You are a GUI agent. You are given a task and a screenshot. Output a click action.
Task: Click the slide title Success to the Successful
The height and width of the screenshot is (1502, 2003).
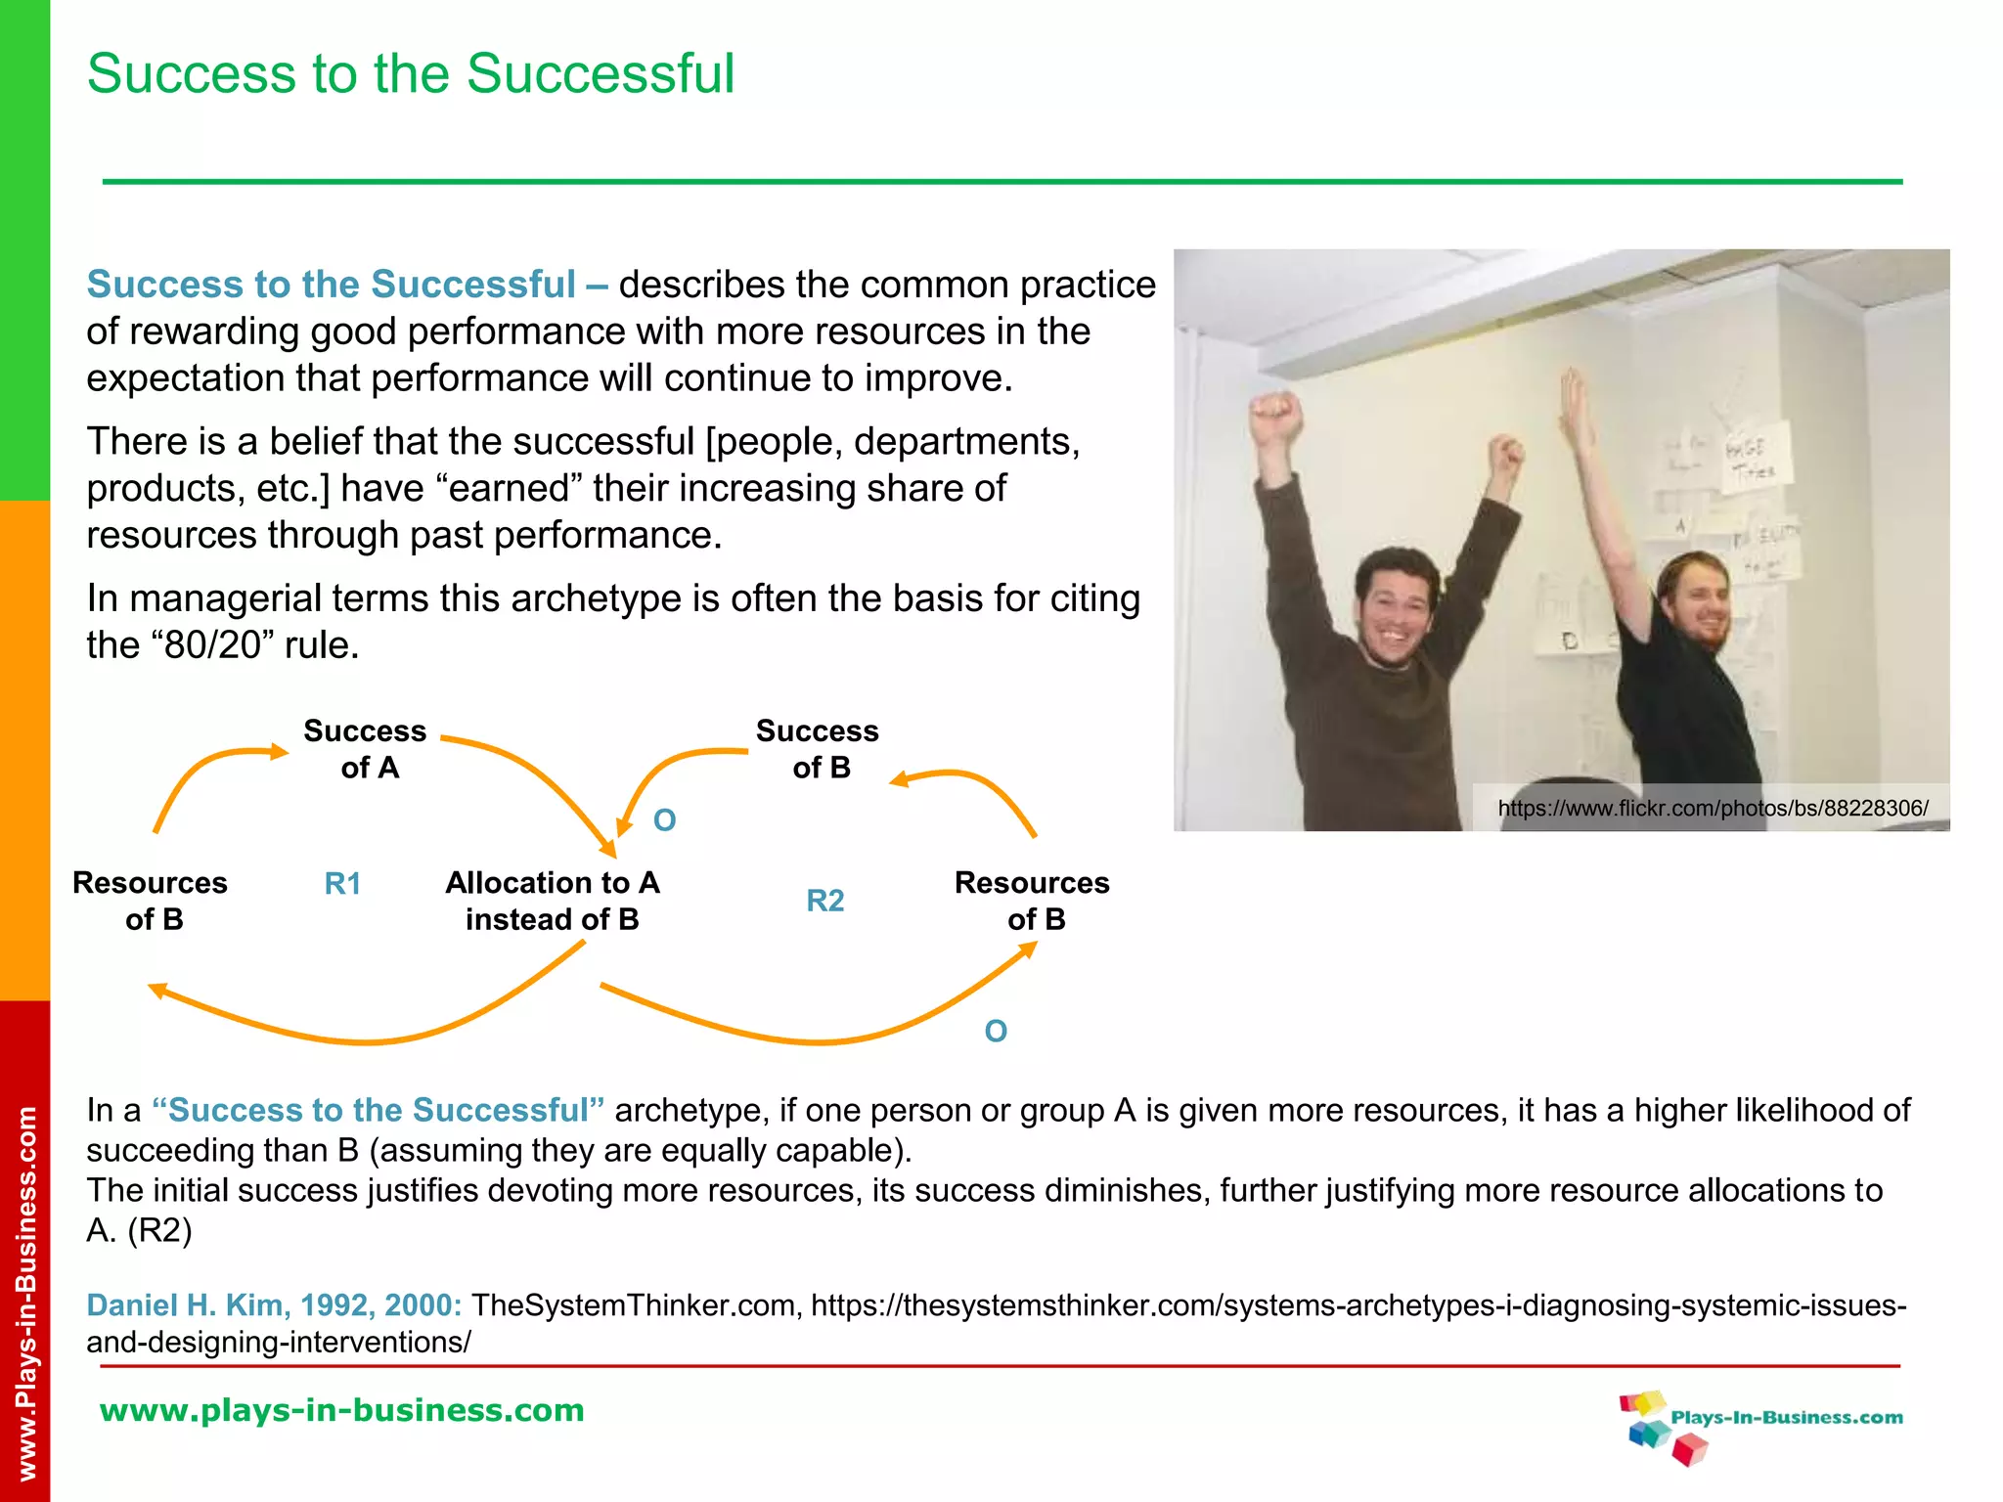coord(411,74)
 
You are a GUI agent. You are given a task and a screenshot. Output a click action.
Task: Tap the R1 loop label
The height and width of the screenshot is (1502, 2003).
coord(342,884)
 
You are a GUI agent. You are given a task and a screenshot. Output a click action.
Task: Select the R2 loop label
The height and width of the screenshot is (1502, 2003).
coord(824,901)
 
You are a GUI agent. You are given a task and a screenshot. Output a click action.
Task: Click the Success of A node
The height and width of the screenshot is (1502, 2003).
coord(366,749)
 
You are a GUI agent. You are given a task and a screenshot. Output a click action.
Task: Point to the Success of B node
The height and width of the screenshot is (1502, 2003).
coord(819,749)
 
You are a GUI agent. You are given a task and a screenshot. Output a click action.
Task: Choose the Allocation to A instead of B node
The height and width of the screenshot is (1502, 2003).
coord(553,901)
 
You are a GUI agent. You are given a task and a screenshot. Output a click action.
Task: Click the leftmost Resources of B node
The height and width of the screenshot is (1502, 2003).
coord(151,901)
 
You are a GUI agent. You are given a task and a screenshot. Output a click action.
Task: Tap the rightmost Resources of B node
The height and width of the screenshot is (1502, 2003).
coord(1033,901)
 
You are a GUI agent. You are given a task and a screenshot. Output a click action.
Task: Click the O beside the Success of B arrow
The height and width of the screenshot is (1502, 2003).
coord(665,820)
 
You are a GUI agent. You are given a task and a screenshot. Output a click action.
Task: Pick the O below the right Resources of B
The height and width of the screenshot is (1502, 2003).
coord(996,1032)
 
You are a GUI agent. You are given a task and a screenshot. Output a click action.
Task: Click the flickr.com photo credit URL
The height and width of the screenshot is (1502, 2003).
coord(1713,809)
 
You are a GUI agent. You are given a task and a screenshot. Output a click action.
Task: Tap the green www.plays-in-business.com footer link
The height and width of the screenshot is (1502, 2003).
coord(342,1410)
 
